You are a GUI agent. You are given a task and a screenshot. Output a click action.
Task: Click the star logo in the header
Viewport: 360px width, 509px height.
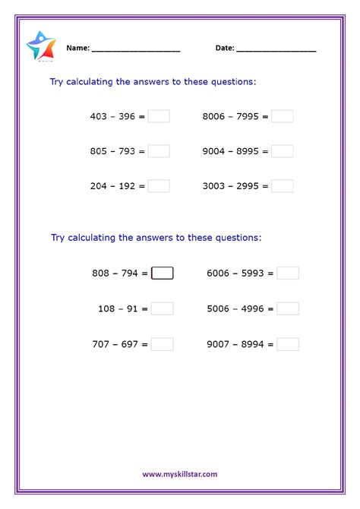[40, 46]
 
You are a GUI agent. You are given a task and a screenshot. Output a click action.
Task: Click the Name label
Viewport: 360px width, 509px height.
[77, 48]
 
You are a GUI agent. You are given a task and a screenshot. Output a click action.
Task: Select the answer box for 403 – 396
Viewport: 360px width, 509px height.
[159, 116]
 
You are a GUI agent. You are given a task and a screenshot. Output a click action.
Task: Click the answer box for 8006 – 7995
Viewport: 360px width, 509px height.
[282, 116]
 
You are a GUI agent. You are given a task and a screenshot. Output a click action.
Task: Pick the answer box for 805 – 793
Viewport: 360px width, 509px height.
[159, 151]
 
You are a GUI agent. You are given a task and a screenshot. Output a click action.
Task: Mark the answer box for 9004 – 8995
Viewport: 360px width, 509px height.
[282, 151]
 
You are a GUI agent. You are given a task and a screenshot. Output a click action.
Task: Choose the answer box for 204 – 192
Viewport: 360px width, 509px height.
[159, 186]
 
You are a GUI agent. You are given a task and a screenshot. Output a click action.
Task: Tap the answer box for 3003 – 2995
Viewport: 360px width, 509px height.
[282, 186]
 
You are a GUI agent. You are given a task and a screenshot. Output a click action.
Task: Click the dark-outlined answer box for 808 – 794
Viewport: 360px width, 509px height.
[163, 273]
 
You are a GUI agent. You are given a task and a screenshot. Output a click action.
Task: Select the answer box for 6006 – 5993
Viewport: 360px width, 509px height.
[287, 273]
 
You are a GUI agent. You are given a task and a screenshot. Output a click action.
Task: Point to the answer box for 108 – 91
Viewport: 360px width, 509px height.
[163, 308]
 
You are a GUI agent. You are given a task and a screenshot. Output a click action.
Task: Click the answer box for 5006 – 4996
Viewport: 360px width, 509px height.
[287, 308]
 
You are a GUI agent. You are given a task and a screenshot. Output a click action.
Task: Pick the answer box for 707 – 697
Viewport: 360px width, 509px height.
[163, 344]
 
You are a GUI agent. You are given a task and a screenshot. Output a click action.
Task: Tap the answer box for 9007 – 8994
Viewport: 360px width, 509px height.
[287, 344]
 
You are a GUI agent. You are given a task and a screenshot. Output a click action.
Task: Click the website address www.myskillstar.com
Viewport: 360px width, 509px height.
[180, 474]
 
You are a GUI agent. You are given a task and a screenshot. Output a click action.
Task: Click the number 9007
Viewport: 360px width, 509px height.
[218, 344]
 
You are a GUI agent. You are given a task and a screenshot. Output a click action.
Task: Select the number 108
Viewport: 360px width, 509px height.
[106, 308]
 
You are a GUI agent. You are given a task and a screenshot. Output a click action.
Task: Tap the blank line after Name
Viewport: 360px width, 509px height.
[136, 50]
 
